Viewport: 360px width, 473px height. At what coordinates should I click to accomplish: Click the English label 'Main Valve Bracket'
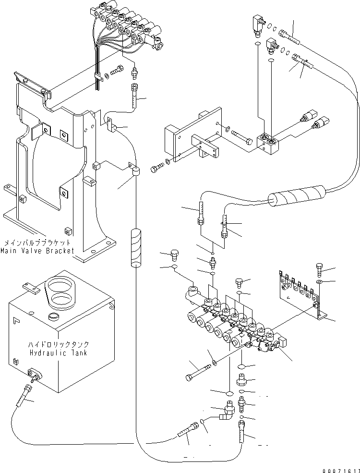pos(37,250)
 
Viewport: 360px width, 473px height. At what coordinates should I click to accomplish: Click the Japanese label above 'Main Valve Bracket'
pos(37,243)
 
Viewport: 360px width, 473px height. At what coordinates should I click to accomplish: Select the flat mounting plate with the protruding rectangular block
pos(192,139)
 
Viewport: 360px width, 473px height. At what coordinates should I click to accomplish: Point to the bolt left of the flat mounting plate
pos(156,169)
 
